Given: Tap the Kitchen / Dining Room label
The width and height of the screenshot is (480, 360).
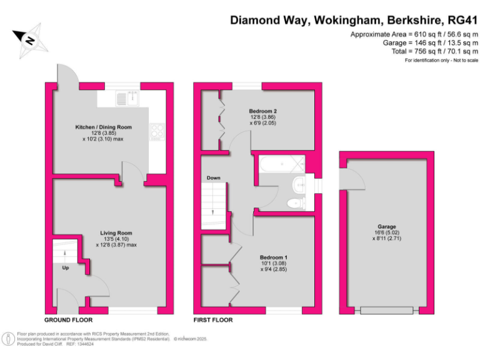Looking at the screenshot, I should [103, 127].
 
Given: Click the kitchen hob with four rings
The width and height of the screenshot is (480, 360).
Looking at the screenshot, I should [156, 131].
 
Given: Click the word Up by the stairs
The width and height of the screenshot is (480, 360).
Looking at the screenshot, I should [65, 268].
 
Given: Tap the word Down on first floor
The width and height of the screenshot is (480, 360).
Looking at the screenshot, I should [214, 178].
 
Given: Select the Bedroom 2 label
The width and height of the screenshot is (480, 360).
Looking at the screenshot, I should [262, 112].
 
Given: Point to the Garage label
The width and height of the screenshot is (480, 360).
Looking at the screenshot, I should [386, 227].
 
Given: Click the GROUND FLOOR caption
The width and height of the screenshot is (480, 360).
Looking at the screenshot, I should [68, 319].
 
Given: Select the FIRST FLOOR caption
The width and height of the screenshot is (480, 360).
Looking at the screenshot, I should [213, 319].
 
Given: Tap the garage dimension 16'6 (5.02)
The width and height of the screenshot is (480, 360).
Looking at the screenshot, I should [386, 232].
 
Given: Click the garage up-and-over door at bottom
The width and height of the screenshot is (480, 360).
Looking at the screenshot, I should [386, 309].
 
